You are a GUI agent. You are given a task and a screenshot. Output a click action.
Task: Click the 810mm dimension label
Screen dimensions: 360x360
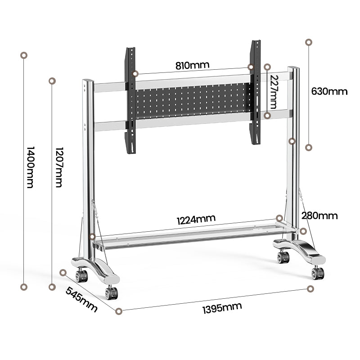(192, 65)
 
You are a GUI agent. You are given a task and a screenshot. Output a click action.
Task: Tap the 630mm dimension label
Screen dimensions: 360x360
(329, 91)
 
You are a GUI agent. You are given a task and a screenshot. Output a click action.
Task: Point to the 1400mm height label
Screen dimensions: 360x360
(30, 167)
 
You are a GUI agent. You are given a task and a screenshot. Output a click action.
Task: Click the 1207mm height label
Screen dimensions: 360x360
(58, 167)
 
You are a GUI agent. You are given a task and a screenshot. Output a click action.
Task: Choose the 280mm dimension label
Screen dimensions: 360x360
(319, 216)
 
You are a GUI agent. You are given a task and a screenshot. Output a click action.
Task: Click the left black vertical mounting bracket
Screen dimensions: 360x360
(131, 100)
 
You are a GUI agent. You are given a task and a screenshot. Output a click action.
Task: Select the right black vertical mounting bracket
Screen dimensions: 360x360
(256, 92)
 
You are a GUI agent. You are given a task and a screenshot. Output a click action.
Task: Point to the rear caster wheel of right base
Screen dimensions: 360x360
(283, 257)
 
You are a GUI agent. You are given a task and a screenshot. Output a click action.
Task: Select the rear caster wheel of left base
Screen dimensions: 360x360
(81, 275)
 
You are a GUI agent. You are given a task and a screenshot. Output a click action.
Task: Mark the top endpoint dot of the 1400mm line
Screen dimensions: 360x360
(24, 55)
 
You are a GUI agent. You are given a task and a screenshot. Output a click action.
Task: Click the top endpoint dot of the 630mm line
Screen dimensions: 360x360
(309, 42)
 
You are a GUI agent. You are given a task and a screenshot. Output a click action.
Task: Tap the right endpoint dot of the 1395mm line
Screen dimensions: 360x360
(310, 288)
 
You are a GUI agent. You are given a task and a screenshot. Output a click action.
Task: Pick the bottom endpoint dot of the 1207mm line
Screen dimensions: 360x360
(52, 287)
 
